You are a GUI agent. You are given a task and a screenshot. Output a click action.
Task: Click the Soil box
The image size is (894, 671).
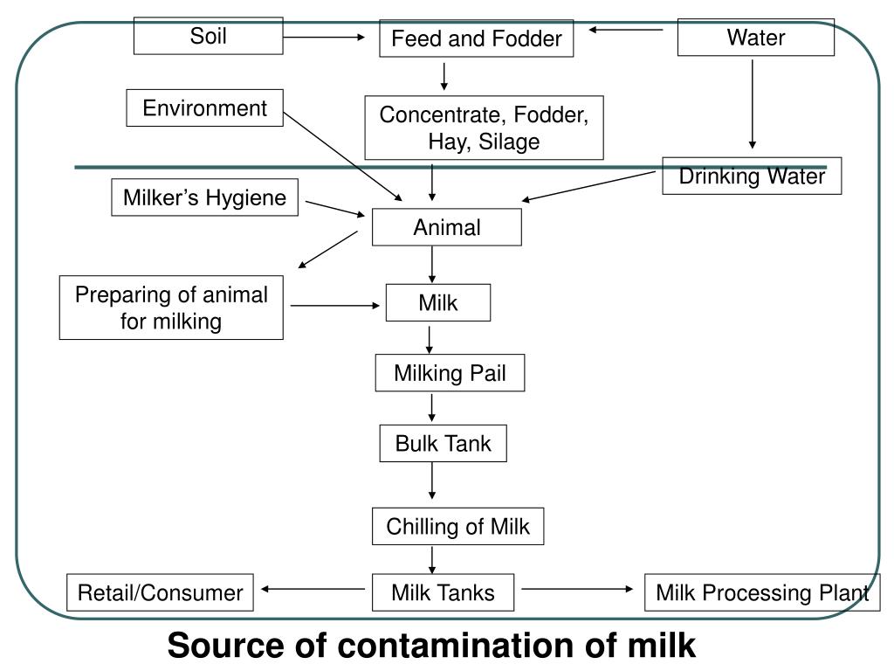tap(208, 37)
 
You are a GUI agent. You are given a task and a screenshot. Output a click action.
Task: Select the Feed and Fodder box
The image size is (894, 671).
tap(476, 39)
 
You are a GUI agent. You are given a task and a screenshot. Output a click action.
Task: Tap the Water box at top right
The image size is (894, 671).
tap(755, 38)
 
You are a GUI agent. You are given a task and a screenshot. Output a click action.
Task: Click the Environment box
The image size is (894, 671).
tap(204, 108)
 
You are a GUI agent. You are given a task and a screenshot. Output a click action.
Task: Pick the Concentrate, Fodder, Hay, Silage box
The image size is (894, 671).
tap(484, 128)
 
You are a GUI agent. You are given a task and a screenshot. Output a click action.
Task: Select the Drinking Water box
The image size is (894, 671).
tap(752, 176)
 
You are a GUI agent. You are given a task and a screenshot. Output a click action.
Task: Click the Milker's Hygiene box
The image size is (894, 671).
tap(204, 197)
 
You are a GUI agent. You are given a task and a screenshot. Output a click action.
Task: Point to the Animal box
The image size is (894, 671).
tap(446, 228)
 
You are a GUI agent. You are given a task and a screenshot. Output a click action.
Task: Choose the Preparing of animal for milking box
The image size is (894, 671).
tap(171, 308)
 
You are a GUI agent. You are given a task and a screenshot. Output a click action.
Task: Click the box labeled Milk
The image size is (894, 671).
tap(438, 303)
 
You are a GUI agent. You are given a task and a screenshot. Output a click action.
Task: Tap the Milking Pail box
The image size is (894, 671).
tap(450, 374)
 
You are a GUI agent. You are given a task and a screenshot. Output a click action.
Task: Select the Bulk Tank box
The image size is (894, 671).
tap(443, 444)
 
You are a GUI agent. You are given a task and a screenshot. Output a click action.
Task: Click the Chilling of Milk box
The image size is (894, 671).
tap(457, 527)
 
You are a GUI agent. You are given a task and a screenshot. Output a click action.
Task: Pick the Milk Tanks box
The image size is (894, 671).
tap(443, 593)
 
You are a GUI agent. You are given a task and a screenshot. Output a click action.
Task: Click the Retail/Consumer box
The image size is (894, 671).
tap(161, 593)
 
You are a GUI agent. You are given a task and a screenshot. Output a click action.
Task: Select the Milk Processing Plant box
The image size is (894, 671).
tap(761, 593)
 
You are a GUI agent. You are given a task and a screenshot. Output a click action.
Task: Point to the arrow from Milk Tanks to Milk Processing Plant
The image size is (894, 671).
tap(578, 589)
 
